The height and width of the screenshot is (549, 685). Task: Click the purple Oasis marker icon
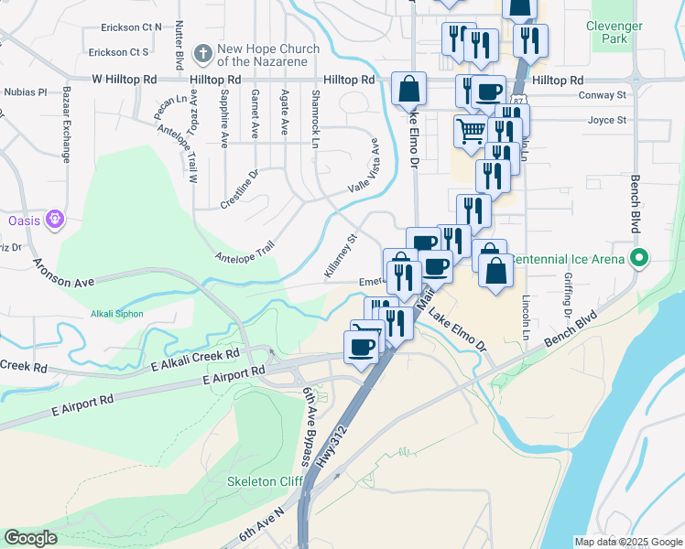coord(55,220)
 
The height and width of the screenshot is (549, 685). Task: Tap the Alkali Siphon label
coord(116,314)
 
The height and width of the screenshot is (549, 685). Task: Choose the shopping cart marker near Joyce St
coord(470,130)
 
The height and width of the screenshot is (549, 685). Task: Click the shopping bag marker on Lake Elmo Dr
coord(408,90)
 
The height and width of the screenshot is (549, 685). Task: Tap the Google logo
coord(31,538)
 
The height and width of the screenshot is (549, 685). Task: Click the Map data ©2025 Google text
coord(627,542)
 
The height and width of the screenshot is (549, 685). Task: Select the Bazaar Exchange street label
coord(67,125)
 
